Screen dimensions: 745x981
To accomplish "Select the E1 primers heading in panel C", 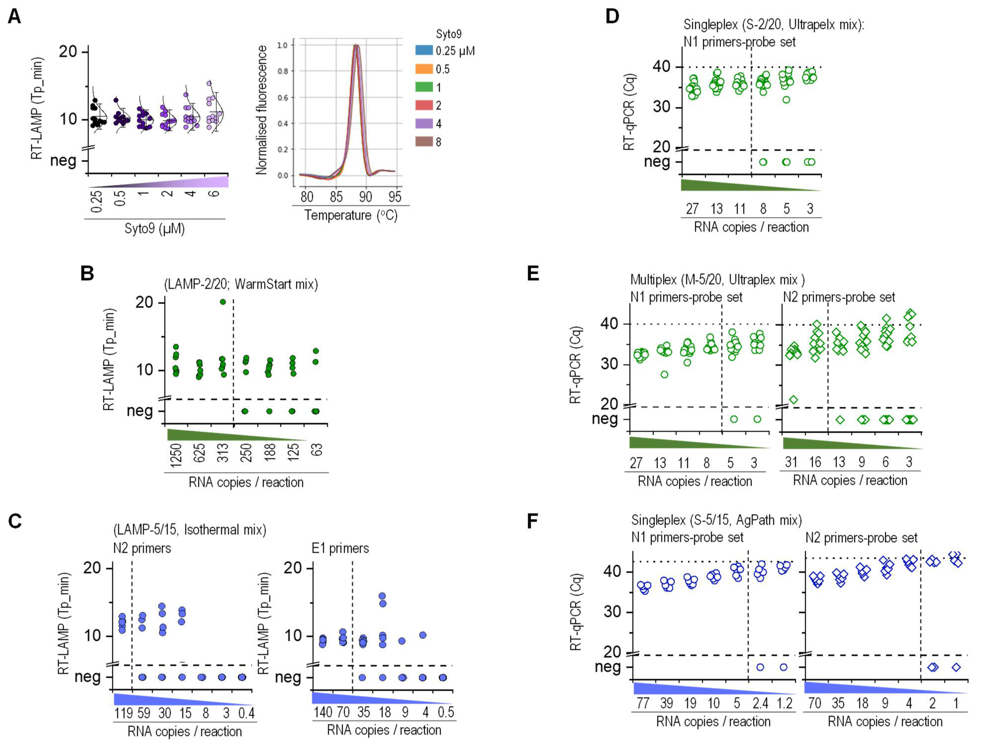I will point(340,548).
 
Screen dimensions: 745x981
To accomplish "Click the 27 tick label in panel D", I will point(692,208).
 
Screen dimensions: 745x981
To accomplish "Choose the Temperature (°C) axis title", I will point(351,215).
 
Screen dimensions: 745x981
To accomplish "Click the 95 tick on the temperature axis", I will point(394,197).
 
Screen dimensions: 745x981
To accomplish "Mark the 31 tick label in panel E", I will point(791,462).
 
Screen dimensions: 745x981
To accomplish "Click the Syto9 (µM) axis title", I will point(154,229).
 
